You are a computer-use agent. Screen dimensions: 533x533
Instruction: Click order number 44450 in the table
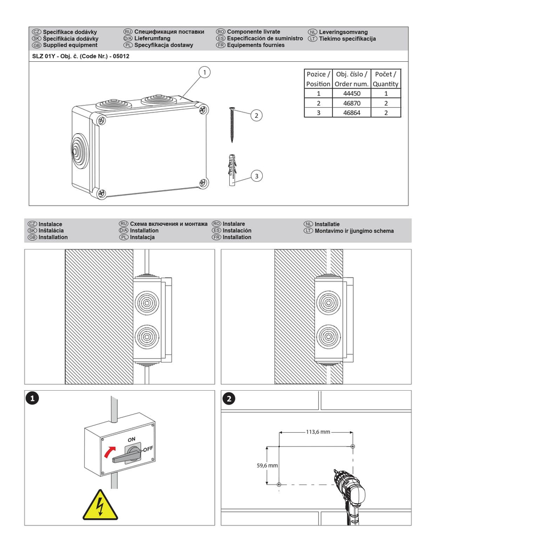[x=351, y=93]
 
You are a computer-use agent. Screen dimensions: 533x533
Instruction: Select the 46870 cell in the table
[x=351, y=103]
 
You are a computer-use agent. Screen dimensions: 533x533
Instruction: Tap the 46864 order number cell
[x=351, y=113]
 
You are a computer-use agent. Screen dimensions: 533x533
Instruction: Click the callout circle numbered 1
[x=204, y=72]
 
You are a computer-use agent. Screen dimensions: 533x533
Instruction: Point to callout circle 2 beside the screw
[x=256, y=116]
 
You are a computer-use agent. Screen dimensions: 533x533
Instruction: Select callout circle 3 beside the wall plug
[x=257, y=176]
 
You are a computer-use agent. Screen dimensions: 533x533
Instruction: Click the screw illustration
[x=232, y=125]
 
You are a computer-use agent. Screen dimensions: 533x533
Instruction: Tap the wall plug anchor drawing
[x=232, y=170]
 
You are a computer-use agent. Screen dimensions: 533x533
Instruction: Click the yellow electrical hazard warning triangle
[x=100, y=505]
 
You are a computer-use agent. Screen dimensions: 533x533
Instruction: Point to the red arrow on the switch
[x=109, y=452]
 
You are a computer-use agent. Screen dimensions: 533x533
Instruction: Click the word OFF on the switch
[x=148, y=449]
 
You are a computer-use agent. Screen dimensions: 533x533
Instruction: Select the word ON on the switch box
[x=132, y=440]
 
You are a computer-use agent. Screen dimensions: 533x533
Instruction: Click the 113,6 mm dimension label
[x=318, y=432]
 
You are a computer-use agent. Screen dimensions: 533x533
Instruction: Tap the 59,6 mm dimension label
[x=267, y=465]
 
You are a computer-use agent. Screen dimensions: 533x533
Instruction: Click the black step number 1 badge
[x=33, y=398]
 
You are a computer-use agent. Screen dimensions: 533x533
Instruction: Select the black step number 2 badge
[x=229, y=399]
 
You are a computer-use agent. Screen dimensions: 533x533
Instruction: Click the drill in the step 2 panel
[x=349, y=496]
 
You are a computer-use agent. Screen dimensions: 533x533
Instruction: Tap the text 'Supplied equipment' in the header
[x=70, y=45]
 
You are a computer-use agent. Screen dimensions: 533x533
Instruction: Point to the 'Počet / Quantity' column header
[x=385, y=79]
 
